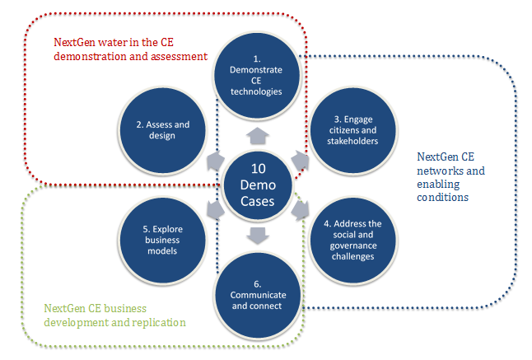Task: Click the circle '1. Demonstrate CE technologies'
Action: click(257, 76)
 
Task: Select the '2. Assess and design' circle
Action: click(162, 131)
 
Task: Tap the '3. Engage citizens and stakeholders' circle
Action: click(352, 131)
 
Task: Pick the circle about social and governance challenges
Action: click(352, 241)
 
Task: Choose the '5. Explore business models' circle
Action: click(162, 241)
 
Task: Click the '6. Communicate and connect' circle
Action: click(258, 295)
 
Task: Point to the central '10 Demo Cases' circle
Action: click(258, 185)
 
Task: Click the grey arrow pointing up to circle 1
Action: click(258, 135)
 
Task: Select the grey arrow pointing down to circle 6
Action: click(258, 236)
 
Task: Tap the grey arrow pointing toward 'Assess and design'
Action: click(216, 160)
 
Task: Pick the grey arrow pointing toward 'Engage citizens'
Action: click(301, 160)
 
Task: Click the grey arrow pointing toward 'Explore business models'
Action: click(216, 210)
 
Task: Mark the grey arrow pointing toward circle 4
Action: click(301, 210)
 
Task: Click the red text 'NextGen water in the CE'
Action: click(114, 42)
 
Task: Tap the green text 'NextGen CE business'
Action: click(96, 308)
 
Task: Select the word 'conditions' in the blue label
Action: click(443, 197)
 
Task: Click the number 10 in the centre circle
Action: click(259, 169)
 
